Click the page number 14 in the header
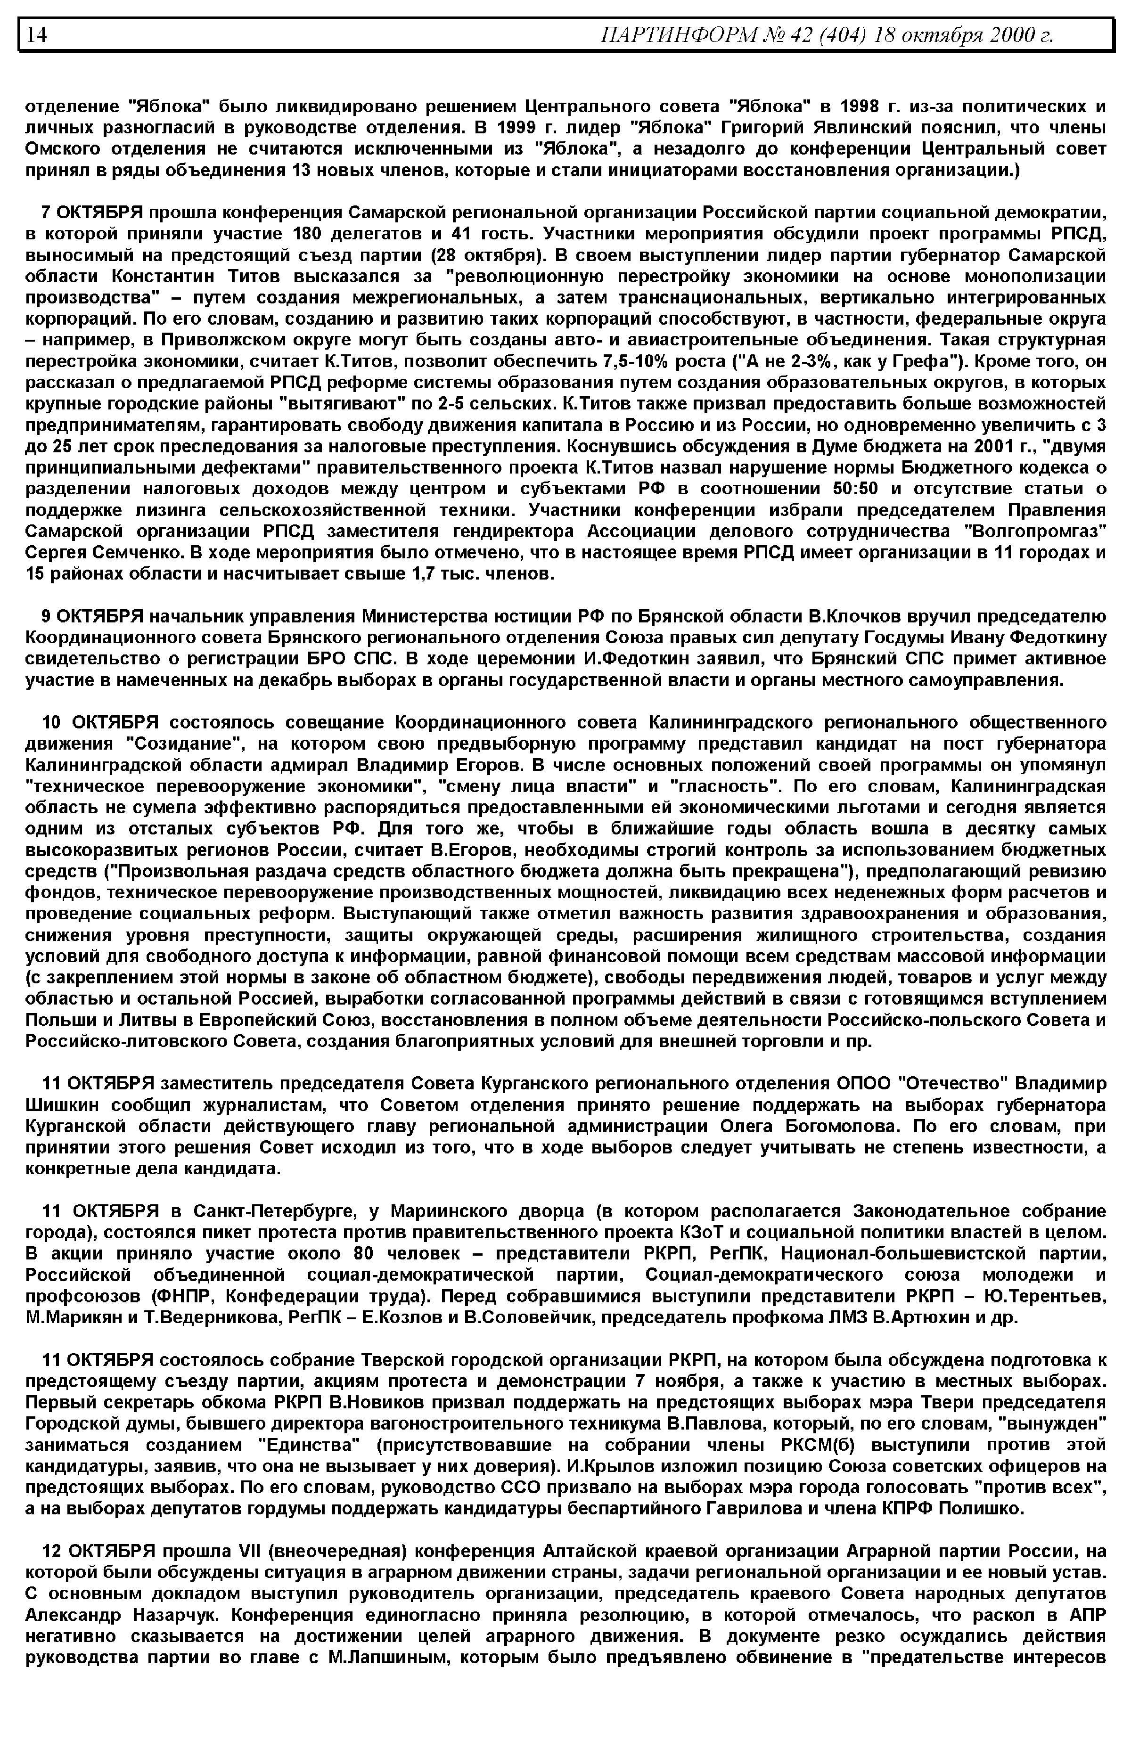pyautogui.click(x=37, y=35)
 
